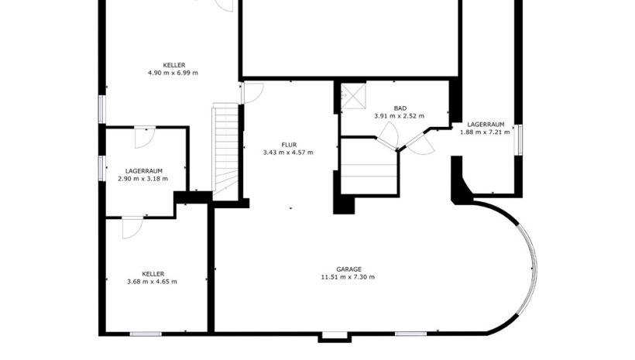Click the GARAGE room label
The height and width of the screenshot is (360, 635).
pos(348,269)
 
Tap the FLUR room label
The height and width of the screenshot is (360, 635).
pos(289,145)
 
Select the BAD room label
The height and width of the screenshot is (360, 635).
pos(400,108)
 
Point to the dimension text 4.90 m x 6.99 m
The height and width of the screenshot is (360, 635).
pos(173,73)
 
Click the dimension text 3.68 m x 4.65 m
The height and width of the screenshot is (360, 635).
pos(152,282)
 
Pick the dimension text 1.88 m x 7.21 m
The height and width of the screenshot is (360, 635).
pos(486,132)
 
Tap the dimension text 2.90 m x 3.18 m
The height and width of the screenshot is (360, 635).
pos(143,179)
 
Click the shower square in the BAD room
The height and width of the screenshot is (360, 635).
pos(353,96)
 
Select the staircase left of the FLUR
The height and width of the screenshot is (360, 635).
pos(225,151)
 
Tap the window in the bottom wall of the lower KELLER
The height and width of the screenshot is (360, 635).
pos(146,334)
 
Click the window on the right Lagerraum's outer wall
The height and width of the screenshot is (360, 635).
pos(518,140)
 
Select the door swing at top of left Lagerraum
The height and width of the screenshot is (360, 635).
pos(145,137)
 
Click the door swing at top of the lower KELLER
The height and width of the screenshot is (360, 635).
pos(132,228)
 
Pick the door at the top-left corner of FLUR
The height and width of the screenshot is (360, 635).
pos(252,93)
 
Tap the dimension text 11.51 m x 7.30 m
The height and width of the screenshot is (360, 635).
pos(348,277)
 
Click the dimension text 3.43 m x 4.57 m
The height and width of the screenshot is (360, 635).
pos(288,153)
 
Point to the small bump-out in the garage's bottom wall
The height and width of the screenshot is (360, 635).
pos(334,338)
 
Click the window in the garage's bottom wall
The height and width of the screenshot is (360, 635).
pos(410,334)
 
